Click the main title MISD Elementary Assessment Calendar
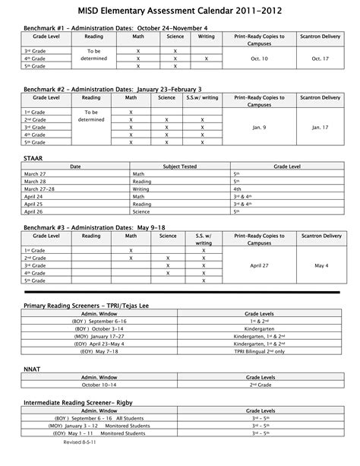[x=180, y=11]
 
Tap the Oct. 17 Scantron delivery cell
[x=324, y=57]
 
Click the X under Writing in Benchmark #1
[x=206, y=58]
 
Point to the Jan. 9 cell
[x=259, y=127]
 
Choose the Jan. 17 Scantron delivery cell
[x=324, y=127]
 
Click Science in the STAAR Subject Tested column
[x=141, y=211]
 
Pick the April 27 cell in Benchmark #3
[x=259, y=265]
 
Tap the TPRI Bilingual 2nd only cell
[x=259, y=351]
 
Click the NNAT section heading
[x=33, y=367]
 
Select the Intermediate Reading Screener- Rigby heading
[x=79, y=401]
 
